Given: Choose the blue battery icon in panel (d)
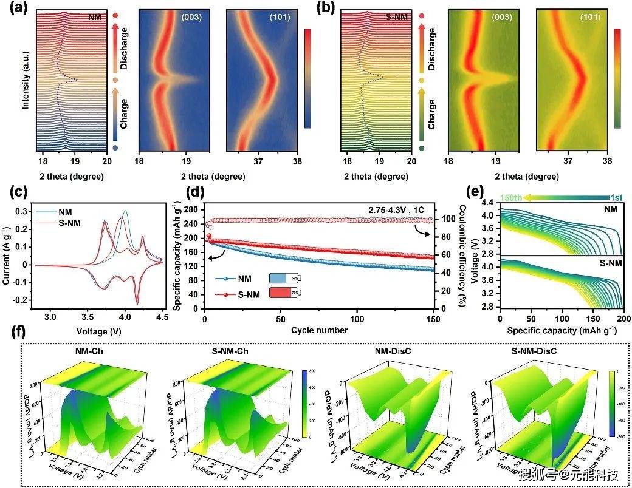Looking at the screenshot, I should click(284, 279).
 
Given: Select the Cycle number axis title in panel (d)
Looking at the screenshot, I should click(319, 330).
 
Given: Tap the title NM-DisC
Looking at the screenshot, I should click(393, 352).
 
